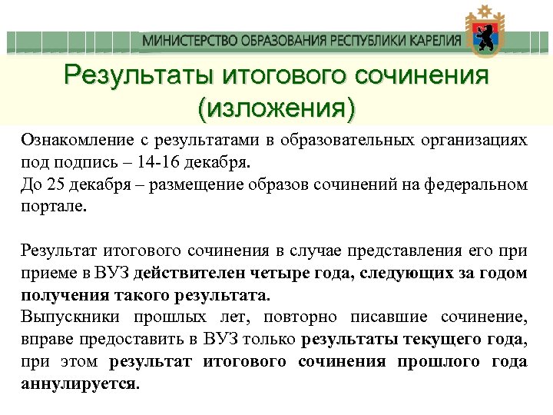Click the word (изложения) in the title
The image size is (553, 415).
pyautogui.click(x=276, y=109)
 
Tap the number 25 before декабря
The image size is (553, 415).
pyautogui.click(x=55, y=185)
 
